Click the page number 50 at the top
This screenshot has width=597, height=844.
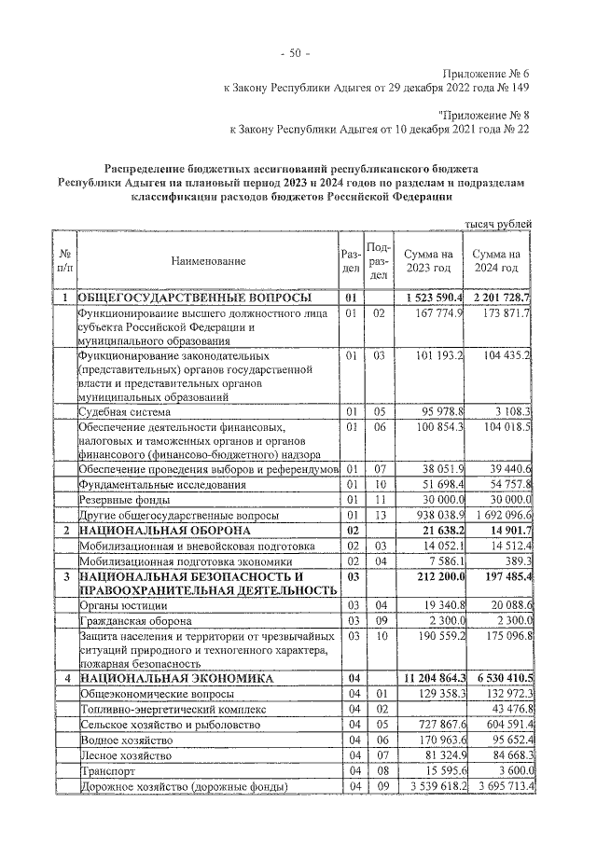298,52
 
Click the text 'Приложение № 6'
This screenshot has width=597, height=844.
485,73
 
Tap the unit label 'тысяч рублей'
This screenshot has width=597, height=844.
499,224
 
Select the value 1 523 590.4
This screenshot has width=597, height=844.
430,297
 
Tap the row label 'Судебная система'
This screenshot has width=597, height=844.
124,411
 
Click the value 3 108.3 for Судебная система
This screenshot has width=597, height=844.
508,411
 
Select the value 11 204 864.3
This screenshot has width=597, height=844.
430,676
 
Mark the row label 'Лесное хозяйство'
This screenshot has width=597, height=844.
126,756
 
